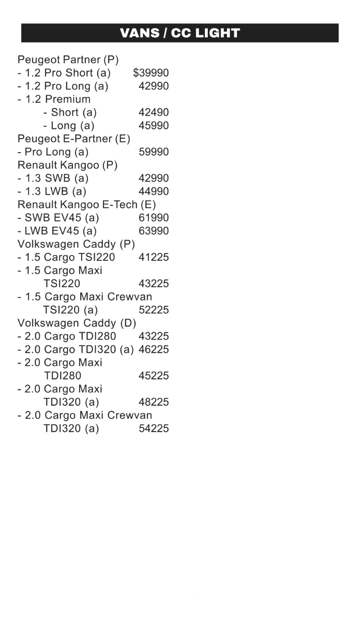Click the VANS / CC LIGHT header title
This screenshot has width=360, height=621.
179,33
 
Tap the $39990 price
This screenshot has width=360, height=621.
151,73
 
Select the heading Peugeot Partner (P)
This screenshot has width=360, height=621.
68,60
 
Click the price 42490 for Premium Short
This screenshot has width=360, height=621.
154,112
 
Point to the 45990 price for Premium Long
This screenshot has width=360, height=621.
154,126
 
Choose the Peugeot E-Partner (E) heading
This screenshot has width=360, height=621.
74,139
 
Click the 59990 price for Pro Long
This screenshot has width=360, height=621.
154,152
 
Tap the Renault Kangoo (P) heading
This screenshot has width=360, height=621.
67,165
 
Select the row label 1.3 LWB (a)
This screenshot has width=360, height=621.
52,191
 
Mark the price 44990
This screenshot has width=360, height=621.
154,191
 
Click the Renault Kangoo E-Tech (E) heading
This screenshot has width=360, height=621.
86,204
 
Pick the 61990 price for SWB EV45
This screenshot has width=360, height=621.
154,218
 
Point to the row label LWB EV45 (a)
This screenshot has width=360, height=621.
57,231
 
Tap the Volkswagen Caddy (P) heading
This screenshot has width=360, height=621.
76,244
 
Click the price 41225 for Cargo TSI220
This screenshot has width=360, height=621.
154,257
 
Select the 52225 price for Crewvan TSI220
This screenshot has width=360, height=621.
154,310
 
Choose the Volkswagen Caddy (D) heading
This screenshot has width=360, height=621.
77,323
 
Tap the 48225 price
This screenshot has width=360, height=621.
154,402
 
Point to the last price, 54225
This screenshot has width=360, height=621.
154,428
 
